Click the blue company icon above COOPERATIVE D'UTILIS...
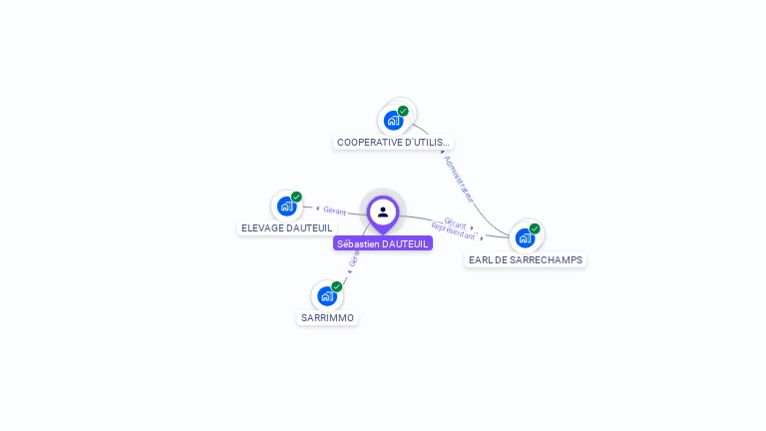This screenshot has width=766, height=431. (394, 121)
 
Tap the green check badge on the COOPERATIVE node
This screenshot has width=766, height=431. (403, 111)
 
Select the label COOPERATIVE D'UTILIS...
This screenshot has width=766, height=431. (393, 143)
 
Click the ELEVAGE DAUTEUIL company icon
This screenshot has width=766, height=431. (287, 207)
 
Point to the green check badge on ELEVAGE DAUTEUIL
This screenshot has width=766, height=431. (296, 197)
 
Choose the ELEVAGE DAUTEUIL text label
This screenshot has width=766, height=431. (287, 228)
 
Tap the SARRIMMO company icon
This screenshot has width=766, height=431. (326, 296)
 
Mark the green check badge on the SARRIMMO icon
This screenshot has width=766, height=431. (336, 286)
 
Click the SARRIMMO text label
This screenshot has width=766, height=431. (327, 318)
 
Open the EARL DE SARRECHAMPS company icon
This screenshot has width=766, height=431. (525, 238)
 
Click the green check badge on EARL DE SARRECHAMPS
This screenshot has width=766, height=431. (535, 228)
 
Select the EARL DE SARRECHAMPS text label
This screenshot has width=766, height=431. (526, 260)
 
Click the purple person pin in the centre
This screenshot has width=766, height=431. (383, 212)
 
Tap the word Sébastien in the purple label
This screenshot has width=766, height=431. (358, 243)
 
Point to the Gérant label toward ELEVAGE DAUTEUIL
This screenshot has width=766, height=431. (334, 211)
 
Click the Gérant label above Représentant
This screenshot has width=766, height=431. (455, 223)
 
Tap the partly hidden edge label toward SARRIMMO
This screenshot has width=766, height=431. (353, 259)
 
